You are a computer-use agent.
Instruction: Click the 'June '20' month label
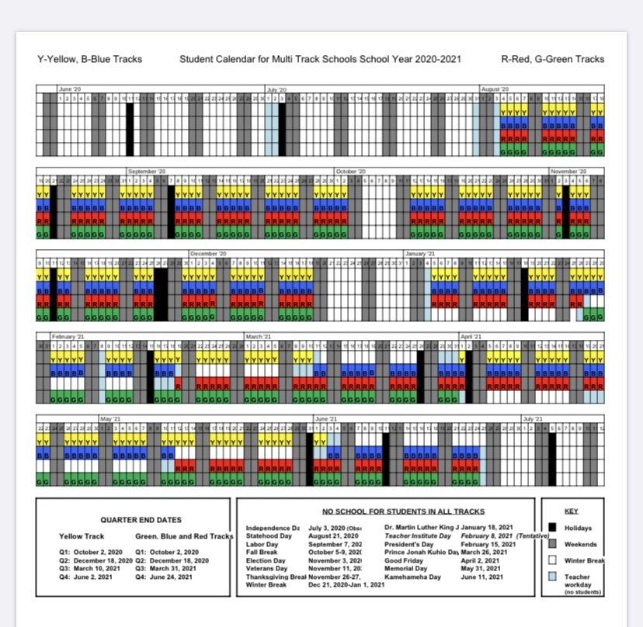pos(71,89)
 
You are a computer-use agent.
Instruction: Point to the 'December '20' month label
pos(208,254)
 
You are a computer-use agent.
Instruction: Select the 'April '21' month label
pos(471,337)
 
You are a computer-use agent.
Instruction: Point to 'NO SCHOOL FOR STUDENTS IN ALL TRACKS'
pos(403,511)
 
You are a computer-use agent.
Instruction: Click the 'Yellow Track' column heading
pos(81,536)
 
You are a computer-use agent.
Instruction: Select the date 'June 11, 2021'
pos(482,577)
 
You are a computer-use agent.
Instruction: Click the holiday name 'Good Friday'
pos(403,560)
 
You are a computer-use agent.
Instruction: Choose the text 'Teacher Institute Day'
pos(418,535)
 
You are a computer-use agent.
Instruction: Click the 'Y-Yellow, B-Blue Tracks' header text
pos(89,59)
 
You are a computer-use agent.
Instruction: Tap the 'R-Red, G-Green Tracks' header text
pos(552,59)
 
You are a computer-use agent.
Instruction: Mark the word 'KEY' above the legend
pos(572,512)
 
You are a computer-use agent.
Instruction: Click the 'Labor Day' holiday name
pos(262,544)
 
